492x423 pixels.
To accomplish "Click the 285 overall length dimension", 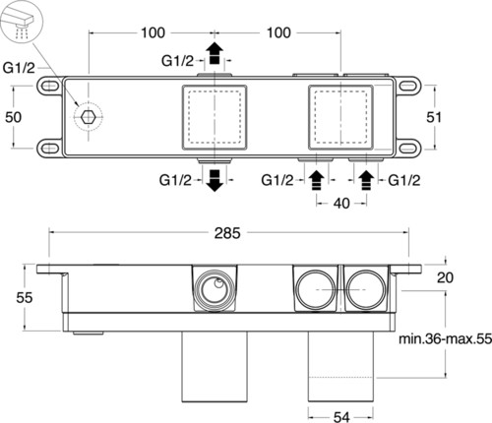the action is pos(227,233).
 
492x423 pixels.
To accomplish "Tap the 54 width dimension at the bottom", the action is pos(341,417).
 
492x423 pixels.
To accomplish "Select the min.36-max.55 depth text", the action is pos(445,338).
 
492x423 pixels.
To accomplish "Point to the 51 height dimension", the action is pos(434,117).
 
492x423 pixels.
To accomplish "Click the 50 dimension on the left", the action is pos(14,117).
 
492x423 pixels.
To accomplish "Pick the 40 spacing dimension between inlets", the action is pos(341,204).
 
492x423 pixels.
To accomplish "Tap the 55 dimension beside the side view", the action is pos(25,298).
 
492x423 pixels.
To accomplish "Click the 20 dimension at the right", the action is pos(445,277).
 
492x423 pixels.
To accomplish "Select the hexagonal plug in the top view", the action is pos(88,116).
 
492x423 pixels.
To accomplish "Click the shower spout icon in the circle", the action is pos(22,23).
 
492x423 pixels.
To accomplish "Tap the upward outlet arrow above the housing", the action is pos(215,53).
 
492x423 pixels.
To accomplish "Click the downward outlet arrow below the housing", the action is pos(215,181).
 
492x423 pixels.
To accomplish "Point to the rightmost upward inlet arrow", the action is pos(366,181).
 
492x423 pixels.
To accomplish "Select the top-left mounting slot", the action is pos(49,87).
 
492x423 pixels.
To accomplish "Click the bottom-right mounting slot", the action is pos(408,149).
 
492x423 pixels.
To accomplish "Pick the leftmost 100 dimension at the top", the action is pos(153,32).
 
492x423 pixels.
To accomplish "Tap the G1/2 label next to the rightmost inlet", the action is pos(403,180).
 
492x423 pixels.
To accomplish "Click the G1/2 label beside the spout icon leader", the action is pos(19,68).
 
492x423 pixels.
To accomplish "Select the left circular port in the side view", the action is pos(214,289).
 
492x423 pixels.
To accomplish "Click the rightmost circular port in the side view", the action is pos(365,289).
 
